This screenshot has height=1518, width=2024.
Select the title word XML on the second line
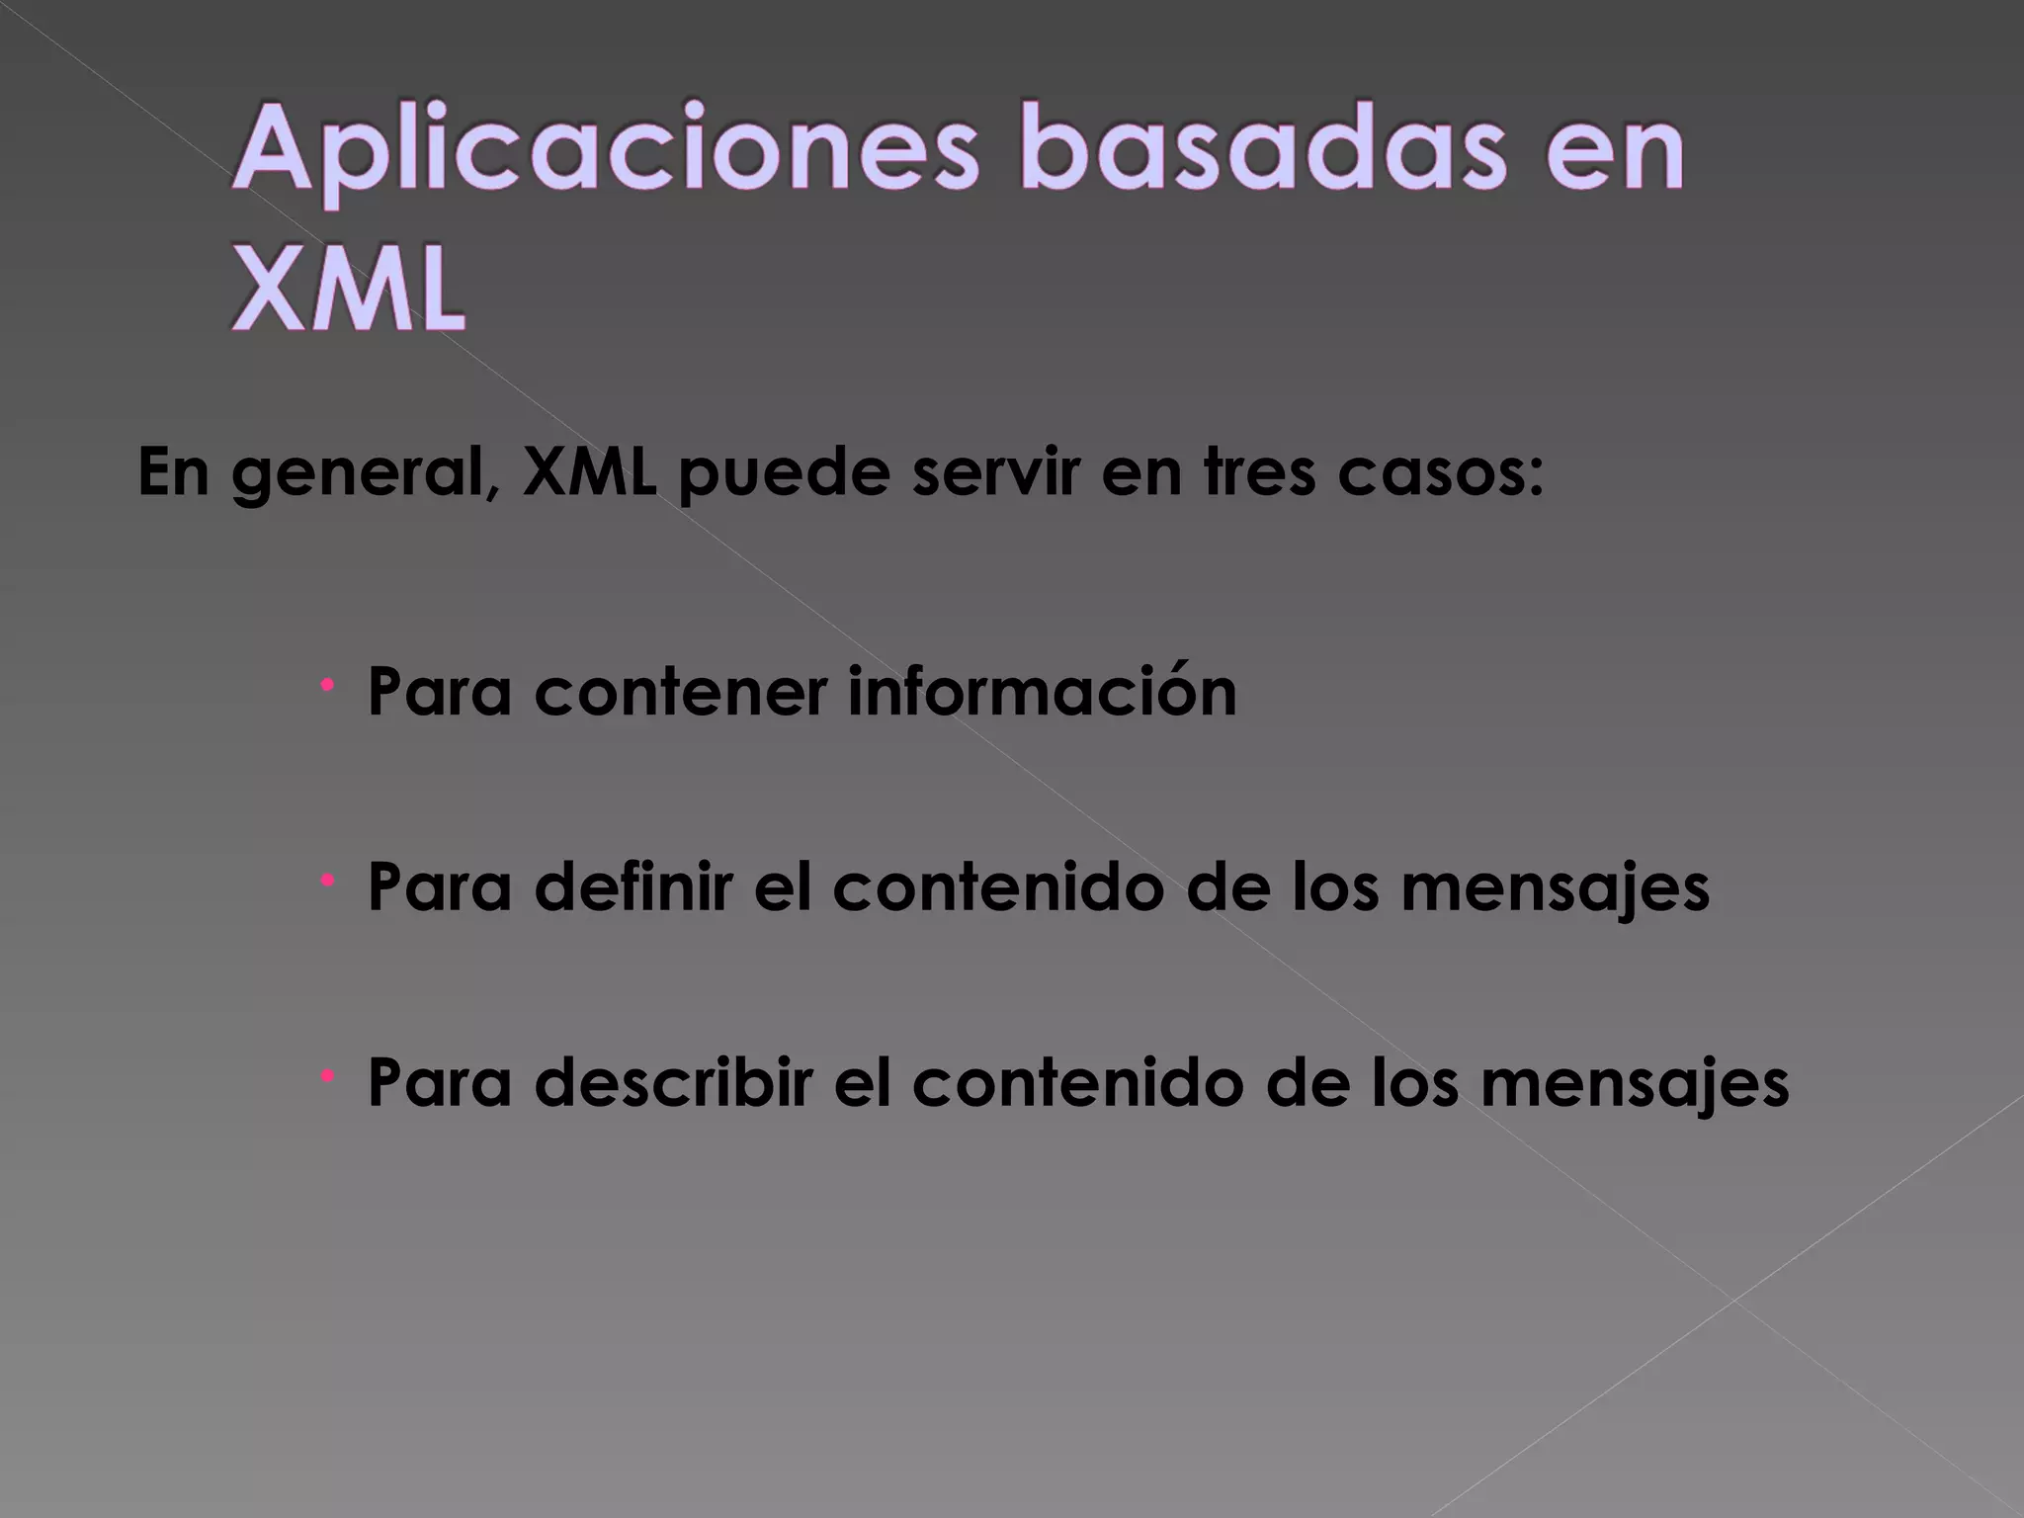point(349,290)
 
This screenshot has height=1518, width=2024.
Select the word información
point(1043,691)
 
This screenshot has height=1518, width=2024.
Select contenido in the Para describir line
point(1076,1082)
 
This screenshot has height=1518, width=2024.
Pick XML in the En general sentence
point(590,473)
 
